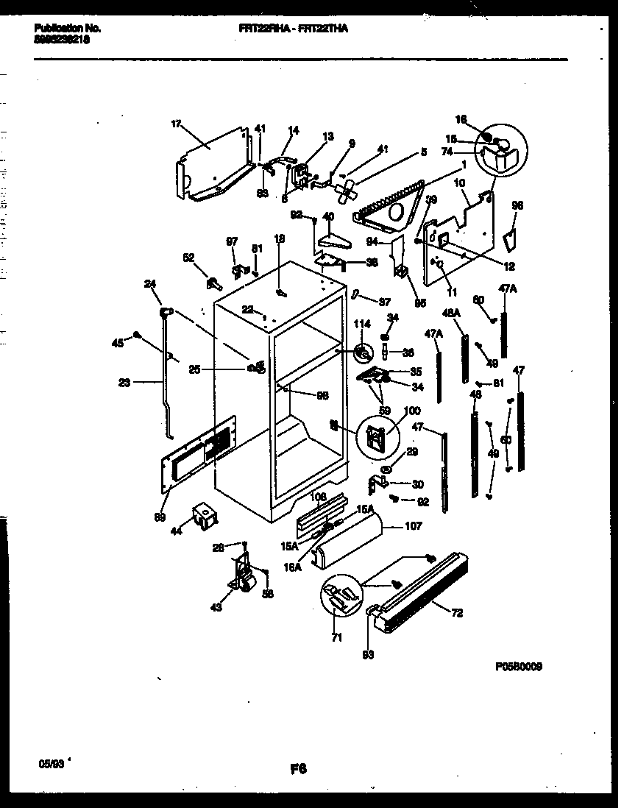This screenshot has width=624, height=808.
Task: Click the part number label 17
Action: [x=175, y=124]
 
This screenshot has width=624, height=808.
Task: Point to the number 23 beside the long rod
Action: [x=124, y=382]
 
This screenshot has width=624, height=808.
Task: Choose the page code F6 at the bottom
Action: [x=297, y=769]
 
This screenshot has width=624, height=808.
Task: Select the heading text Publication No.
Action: [x=67, y=28]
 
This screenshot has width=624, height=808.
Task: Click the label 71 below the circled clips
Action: [x=336, y=637]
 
